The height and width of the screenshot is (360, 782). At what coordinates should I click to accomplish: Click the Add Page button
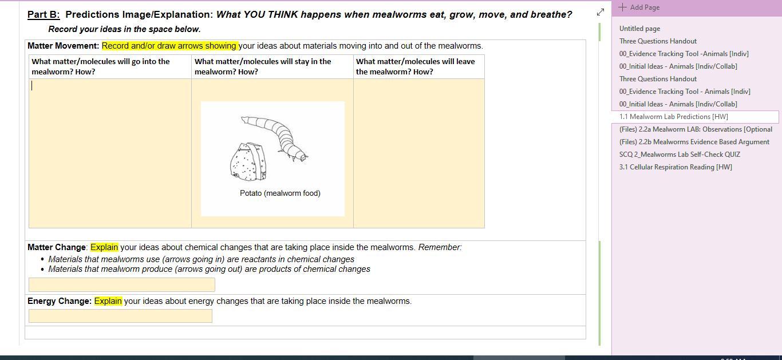coord(639,7)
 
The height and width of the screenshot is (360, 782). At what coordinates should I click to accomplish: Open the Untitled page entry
coord(639,29)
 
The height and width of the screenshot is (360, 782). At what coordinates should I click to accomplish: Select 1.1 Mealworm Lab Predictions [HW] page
coord(673,117)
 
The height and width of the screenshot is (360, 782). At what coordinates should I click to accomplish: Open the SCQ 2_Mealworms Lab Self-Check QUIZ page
coord(680,155)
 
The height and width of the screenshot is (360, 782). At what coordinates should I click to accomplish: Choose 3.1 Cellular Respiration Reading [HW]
coord(676,167)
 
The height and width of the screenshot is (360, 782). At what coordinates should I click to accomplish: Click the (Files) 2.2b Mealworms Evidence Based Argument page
coord(694,142)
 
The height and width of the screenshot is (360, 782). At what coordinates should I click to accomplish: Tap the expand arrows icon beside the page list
coord(601,12)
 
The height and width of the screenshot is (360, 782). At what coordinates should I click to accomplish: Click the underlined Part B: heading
coord(44,15)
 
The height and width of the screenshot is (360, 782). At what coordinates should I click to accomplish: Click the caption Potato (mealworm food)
coord(280,193)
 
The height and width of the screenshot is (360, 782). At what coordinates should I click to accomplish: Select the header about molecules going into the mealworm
coord(101,66)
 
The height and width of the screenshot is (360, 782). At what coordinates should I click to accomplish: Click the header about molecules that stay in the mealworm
coord(263,66)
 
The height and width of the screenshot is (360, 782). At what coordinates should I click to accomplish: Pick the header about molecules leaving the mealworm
coord(416,66)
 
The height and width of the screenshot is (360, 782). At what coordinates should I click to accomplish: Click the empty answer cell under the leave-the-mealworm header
coord(419,153)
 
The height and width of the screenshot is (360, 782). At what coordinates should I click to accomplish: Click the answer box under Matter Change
coord(122,284)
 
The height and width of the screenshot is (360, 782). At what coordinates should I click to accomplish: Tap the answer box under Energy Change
coord(120,316)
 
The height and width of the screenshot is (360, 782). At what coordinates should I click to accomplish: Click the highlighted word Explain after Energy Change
coord(108,301)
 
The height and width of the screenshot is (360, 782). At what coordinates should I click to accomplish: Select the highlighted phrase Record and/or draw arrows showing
coord(169,46)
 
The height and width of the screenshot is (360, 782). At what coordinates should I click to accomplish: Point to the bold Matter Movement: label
coord(63,46)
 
